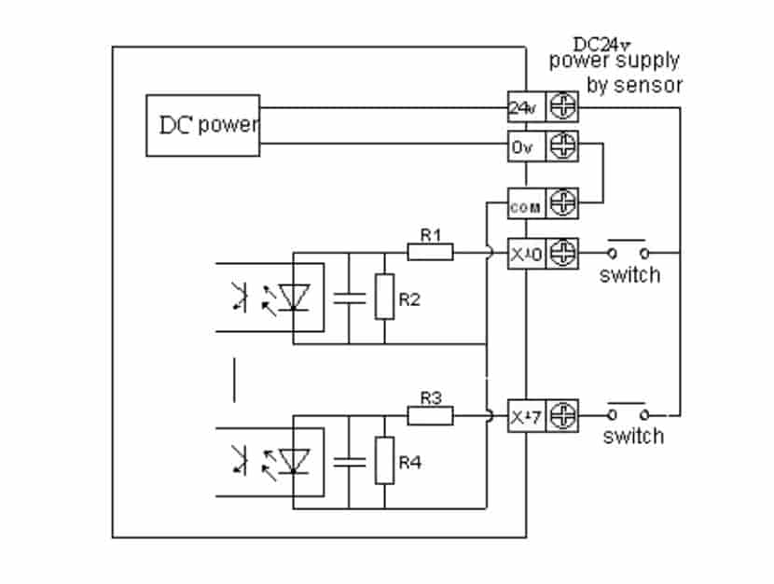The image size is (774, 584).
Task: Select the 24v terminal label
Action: point(522,108)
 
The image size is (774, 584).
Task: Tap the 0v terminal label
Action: point(521,146)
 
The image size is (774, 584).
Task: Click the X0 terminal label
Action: point(523,253)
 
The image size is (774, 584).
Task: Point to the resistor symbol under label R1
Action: point(430,252)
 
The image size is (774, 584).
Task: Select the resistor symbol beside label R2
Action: point(384,298)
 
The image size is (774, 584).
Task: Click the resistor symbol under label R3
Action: point(430,414)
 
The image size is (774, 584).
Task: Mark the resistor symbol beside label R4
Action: point(384,461)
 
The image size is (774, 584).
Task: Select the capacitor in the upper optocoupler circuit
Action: point(349,298)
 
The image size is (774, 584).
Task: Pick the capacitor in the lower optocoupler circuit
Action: point(349,461)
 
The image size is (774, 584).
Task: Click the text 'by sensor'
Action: point(634,85)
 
